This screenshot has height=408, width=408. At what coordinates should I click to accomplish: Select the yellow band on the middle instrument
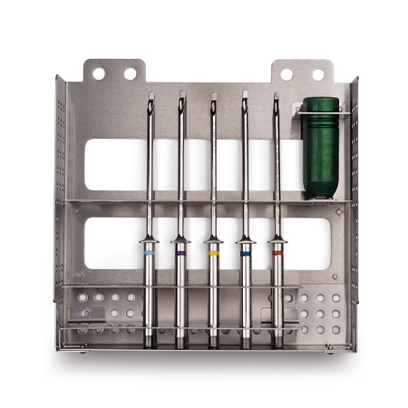213,255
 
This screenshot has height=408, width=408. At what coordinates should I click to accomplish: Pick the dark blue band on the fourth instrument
245,255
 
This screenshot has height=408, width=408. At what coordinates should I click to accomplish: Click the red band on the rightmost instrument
277,254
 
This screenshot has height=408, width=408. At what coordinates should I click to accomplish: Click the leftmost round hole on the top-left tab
98,73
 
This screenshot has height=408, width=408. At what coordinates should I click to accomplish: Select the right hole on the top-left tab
130,73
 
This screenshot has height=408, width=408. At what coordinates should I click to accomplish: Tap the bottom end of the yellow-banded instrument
213,343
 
